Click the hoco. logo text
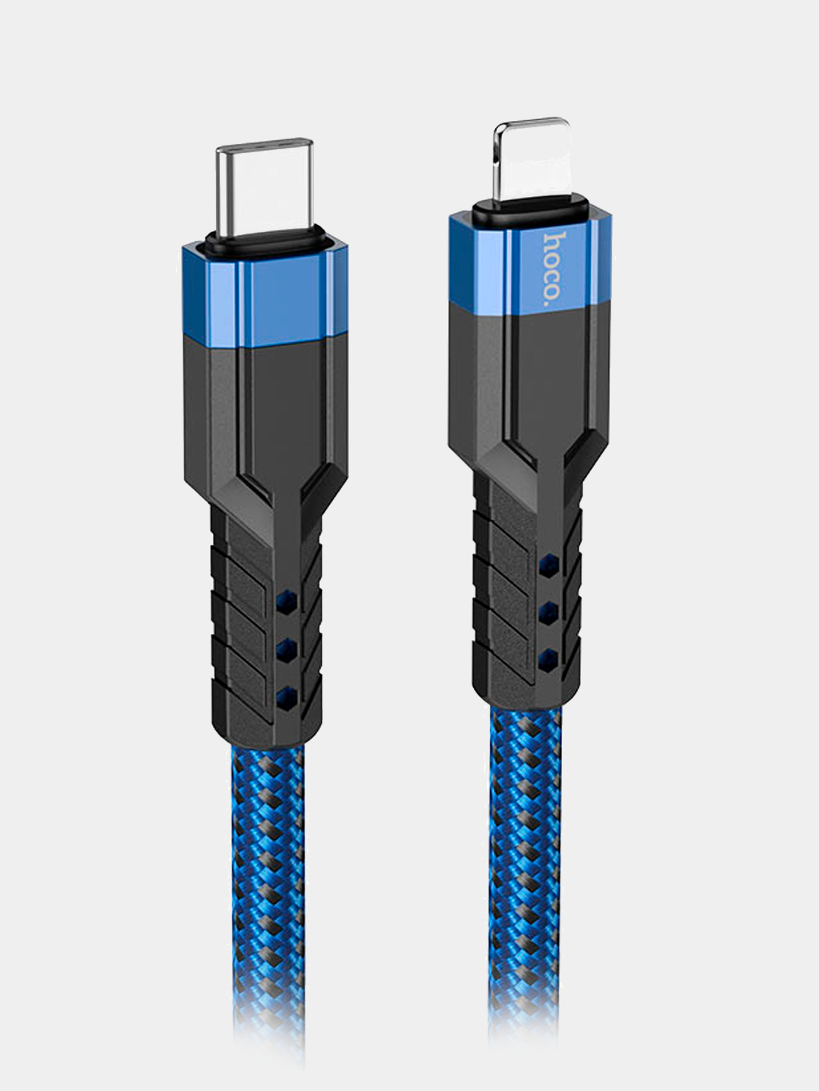tap(554, 267)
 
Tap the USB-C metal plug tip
tap(265, 188)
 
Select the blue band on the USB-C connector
tap(265, 293)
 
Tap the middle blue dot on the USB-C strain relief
tap(287, 648)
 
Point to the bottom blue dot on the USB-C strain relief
tap(287, 694)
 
